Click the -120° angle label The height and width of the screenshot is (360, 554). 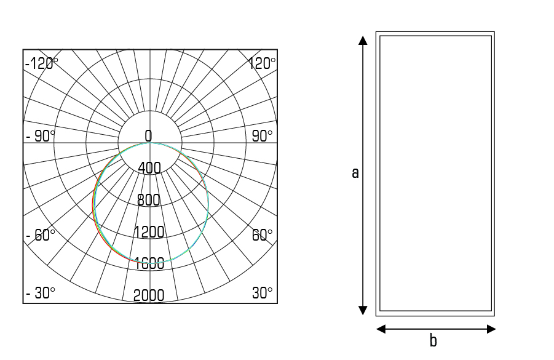(42, 63)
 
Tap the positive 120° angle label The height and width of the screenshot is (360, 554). (261, 63)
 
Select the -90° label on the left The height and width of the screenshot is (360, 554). (41, 136)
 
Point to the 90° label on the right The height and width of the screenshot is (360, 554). (262, 136)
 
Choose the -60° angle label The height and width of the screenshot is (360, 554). (41, 235)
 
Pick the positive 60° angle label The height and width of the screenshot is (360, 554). (262, 235)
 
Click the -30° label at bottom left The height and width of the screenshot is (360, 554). (41, 293)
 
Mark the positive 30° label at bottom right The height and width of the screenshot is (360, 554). (262, 293)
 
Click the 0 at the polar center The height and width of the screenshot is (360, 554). (148, 136)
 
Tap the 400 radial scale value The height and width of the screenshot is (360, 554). (149, 168)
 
